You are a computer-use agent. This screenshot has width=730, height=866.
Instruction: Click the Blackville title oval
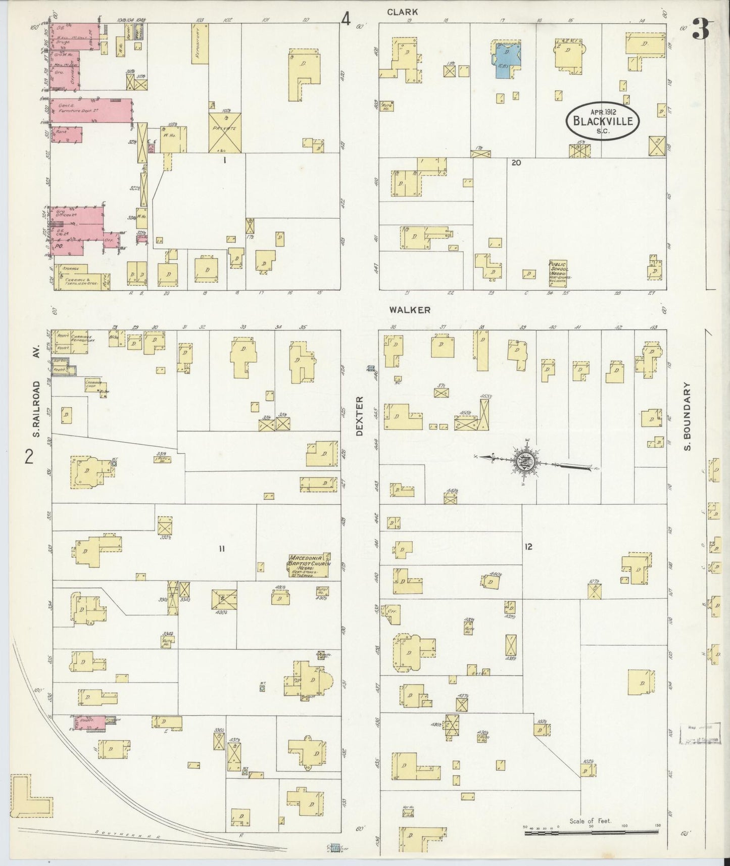(603, 120)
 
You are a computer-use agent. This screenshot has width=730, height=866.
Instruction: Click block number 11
(221, 549)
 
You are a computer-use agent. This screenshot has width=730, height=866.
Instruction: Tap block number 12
(528, 546)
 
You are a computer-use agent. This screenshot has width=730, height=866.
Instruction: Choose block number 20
(515, 162)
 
